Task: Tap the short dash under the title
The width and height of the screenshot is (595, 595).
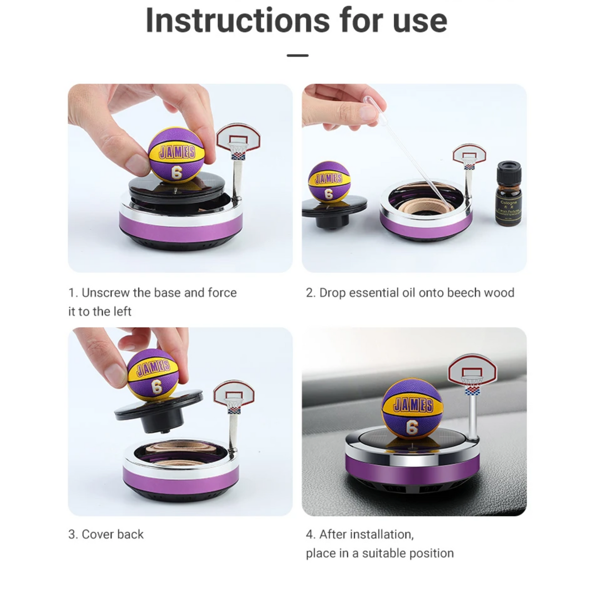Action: point(297,55)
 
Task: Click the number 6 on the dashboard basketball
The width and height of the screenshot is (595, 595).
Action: point(412,427)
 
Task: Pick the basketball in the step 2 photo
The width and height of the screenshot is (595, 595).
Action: point(328,182)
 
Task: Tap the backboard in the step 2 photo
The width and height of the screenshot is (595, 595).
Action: point(469,156)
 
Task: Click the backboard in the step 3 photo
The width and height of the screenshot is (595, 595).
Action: point(234,395)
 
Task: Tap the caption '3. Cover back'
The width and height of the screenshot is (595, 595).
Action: point(106,535)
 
